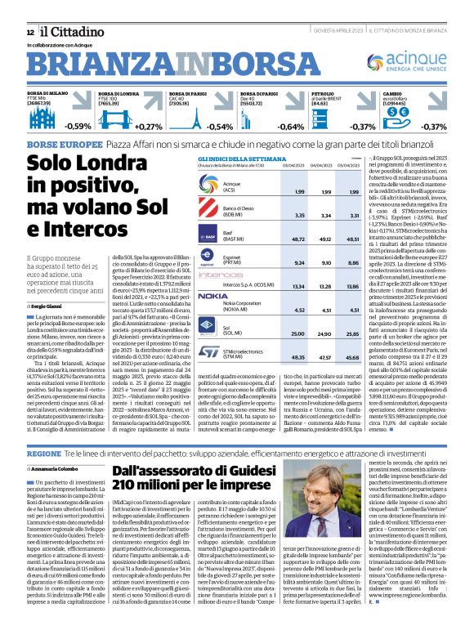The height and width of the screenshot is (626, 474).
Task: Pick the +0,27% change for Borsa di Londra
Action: (x=149, y=127)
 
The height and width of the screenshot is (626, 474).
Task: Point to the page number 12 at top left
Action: (x=30, y=31)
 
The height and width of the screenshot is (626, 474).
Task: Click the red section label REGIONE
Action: (x=44, y=452)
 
